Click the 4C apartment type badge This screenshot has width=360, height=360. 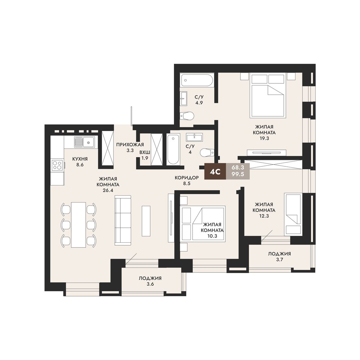click(215, 172)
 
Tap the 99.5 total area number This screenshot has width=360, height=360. click(238, 174)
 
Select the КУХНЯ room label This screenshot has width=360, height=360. click(80, 159)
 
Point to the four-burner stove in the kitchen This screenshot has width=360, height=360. click(57, 165)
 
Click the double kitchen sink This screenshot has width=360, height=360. click(84, 141)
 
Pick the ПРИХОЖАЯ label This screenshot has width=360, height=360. click(130, 144)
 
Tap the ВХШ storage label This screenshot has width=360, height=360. click(145, 152)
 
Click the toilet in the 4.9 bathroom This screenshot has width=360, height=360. click(187, 116)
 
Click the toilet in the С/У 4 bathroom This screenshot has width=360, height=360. click(207, 153)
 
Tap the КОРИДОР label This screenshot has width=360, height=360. click(187, 178)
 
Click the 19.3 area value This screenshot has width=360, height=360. click(264, 138)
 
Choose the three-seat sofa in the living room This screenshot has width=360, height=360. click(123, 220)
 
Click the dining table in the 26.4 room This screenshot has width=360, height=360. click(79, 225)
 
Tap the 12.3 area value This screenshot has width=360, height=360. click(264, 216)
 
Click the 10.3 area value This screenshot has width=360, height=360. click(212, 236)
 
